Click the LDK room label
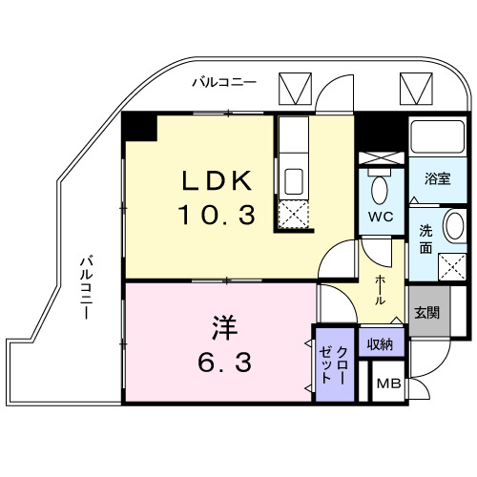[x=218, y=181]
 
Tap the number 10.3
[x=218, y=215]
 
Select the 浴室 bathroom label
[x=438, y=179]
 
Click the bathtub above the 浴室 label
[x=439, y=141]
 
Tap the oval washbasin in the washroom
[x=454, y=229]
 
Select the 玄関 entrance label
[x=426, y=310]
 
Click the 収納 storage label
[x=380, y=343]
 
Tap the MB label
[x=387, y=384]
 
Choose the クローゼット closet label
[x=333, y=364]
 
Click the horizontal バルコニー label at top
[x=224, y=83]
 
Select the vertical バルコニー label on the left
[x=87, y=286]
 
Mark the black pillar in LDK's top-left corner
[x=139, y=126]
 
